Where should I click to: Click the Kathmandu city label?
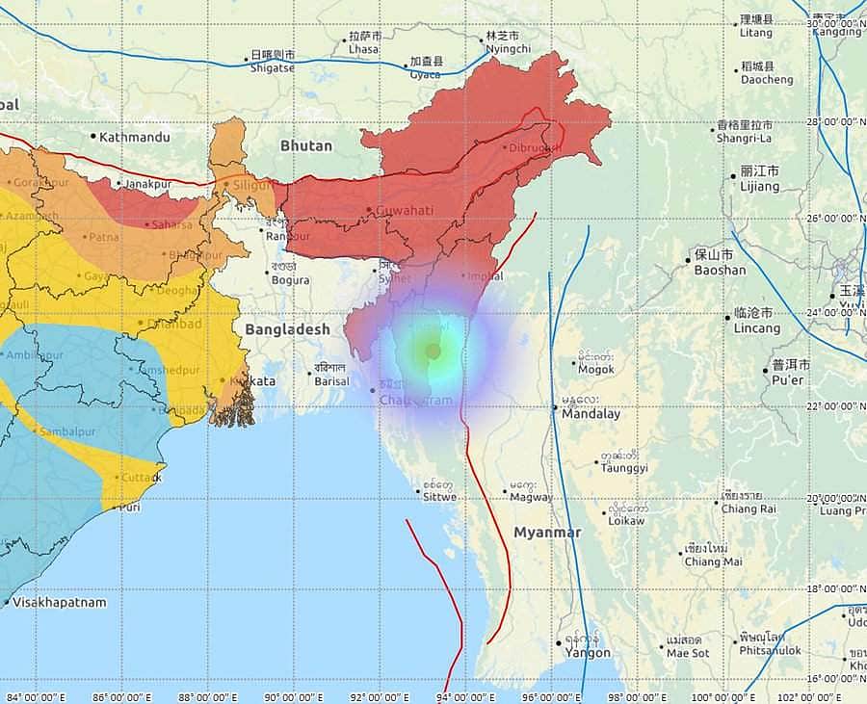(134, 138)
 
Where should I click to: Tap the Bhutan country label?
(305, 146)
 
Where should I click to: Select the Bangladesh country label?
(287, 329)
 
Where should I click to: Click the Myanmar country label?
(547, 533)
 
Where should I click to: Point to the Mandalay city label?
(591, 414)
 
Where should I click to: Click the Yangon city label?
(587, 652)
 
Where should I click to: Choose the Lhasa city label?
(363, 48)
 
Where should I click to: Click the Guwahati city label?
(404, 210)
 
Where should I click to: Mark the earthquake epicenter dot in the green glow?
(433, 352)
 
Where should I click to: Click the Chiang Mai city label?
(713, 561)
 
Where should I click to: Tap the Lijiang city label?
(759, 186)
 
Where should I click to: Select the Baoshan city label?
(720, 270)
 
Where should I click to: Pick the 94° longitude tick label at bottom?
(466, 696)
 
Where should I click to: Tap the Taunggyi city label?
(623, 467)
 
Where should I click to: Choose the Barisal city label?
(330, 380)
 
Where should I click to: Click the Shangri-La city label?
(745, 138)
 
